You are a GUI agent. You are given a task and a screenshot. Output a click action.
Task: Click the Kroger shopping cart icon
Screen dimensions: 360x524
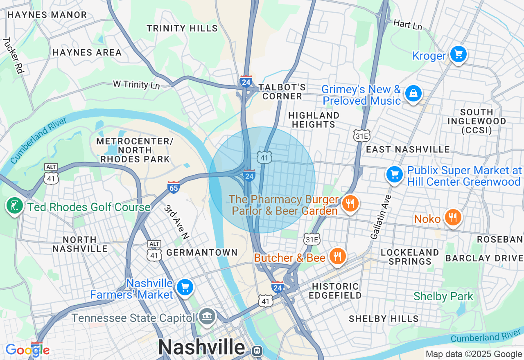coord(458,54)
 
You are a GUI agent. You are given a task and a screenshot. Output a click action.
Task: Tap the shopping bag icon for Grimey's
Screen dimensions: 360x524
coord(413,94)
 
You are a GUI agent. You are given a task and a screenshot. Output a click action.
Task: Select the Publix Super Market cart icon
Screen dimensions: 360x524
coord(395,174)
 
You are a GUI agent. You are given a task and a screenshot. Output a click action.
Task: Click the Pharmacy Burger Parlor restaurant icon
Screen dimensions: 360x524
coord(350,203)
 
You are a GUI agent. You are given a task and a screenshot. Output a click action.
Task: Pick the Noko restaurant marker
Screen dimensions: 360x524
coord(452,217)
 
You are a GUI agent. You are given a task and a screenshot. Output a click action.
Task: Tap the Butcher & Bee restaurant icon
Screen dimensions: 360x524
coord(337,256)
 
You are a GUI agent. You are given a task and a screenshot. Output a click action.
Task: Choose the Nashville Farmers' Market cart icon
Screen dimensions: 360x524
coord(185,288)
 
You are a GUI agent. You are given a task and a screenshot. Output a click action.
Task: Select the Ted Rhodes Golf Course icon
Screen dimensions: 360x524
coord(15,205)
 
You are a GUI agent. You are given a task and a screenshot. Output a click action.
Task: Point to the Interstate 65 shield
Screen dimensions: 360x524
coord(174,187)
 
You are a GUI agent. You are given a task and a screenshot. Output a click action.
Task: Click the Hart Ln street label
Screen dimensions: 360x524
coord(407,25)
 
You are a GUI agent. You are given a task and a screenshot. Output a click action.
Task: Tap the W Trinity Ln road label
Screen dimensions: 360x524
coord(136,85)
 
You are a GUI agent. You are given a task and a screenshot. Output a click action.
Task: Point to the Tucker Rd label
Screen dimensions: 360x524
coord(14,55)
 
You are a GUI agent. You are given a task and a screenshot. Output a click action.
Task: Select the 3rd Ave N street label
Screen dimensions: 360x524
coord(176,222)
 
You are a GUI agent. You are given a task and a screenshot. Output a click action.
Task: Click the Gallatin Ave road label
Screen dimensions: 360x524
coord(381,217)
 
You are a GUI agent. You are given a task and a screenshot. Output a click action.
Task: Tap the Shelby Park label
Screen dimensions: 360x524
coord(443,296)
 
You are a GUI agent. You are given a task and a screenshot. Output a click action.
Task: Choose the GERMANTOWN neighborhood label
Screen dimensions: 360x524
coord(202,252)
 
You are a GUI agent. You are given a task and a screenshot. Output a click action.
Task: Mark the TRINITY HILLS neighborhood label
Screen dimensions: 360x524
coord(182,28)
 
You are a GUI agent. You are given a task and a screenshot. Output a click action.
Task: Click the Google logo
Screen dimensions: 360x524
coord(27,350)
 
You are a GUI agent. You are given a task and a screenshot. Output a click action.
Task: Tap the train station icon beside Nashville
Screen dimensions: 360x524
coord(257,351)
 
